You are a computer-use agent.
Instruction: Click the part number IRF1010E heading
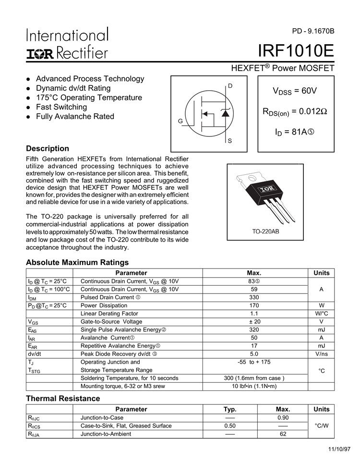[x=296, y=51]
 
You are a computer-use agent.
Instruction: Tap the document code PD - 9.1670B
[x=312, y=32]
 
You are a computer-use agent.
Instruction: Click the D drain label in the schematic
[x=230, y=85]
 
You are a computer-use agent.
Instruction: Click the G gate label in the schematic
[x=180, y=121]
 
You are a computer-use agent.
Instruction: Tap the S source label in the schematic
[x=230, y=141]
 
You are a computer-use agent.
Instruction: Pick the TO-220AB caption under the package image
[x=265, y=231]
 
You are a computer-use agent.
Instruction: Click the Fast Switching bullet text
[x=61, y=107]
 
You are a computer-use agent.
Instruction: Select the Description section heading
[x=48, y=148]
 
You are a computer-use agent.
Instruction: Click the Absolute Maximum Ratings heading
[x=77, y=262]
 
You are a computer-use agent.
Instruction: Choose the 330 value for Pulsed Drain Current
[x=254, y=297]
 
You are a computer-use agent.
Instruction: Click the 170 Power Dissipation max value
[x=254, y=305]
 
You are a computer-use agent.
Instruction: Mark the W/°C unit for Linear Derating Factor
[x=321, y=313]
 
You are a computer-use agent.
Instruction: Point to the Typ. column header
[x=230, y=409]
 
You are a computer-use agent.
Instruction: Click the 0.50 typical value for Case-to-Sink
[x=230, y=426]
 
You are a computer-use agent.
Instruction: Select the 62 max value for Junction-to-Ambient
[x=283, y=434]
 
